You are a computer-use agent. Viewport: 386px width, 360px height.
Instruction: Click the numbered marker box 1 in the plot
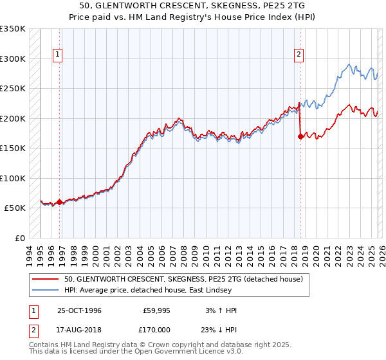click(x=58, y=55)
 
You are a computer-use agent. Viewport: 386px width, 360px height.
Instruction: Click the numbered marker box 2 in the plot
click(x=299, y=55)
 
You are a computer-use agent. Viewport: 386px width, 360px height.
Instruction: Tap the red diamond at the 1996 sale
click(x=60, y=202)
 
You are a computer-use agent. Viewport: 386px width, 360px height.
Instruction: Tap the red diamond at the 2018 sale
click(x=300, y=136)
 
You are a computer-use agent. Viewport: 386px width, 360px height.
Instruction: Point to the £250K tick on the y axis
click(x=13, y=89)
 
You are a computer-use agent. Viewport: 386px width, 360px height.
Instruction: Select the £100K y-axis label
click(x=13, y=178)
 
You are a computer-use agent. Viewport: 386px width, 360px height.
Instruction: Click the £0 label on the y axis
click(x=19, y=238)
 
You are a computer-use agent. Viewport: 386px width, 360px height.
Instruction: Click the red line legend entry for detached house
click(x=187, y=278)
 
